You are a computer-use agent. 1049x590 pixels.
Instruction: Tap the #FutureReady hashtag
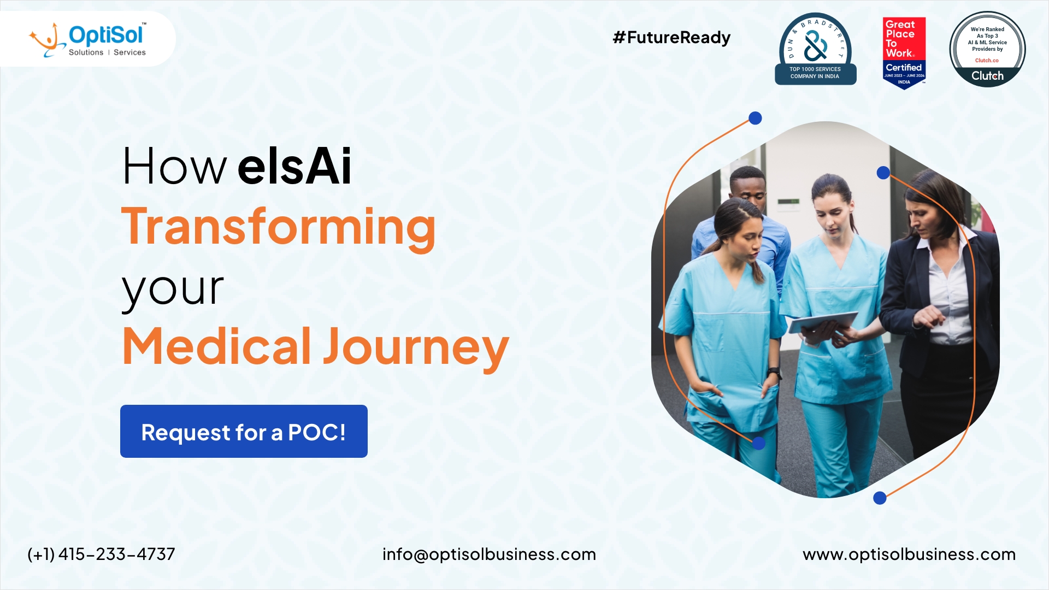(671, 38)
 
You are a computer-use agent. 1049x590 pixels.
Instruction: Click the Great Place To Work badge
(904, 52)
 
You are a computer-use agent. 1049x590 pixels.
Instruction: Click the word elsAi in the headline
(294, 167)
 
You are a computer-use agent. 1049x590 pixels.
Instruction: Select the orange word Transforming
(279, 227)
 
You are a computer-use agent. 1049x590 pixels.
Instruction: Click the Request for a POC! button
(244, 432)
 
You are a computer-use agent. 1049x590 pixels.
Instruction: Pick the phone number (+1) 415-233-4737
(101, 554)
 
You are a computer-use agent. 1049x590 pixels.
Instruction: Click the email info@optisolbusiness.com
(489, 554)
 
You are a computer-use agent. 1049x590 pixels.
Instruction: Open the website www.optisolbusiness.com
(909, 554)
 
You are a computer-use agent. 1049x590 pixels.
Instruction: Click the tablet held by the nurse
(823, 322)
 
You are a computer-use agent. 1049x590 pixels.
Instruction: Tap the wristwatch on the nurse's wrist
(774, 373)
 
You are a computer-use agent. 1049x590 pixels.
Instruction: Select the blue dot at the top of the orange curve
(755, 118)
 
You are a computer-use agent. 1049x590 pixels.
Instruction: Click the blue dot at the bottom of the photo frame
(880, 498)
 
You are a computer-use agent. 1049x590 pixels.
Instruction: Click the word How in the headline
(174, 167)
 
